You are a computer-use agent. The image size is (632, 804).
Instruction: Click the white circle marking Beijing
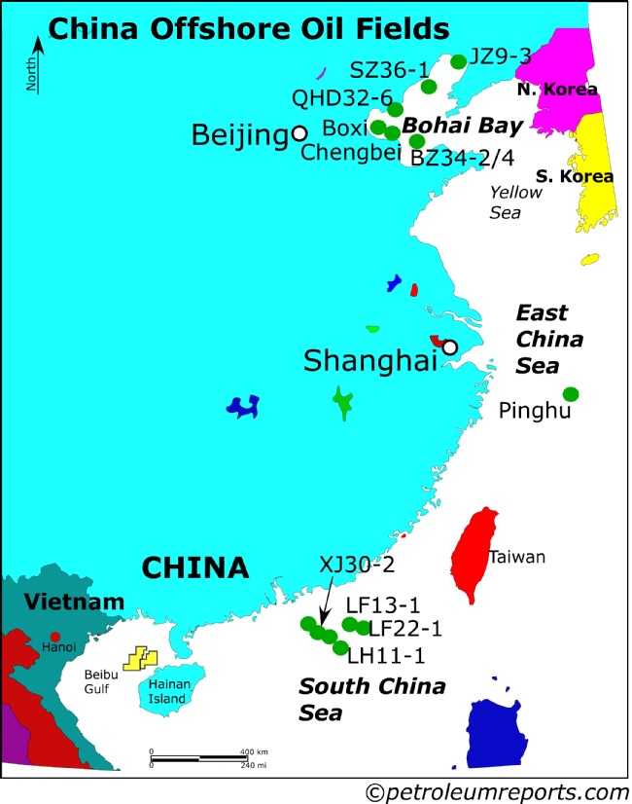point(299,132)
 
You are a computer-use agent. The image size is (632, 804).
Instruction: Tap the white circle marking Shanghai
point(449,347)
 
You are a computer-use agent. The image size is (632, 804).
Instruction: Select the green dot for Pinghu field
point(571,393)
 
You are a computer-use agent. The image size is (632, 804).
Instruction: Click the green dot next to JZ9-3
point(459,62)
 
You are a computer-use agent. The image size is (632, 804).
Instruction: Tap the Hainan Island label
point(170,690)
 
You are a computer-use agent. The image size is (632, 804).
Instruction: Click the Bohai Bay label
point(462,126)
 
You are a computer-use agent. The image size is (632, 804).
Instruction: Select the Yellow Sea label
point(515,201)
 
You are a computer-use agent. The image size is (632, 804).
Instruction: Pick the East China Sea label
point(548,340)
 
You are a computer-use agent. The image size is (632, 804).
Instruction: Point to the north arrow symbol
point(37,64)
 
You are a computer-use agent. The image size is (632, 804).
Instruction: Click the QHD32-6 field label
point(341,98)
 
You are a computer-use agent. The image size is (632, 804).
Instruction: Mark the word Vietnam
point(60,601)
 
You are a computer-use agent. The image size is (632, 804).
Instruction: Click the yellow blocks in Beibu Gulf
point(140,658)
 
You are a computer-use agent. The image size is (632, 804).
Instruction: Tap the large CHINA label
point(194,566)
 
